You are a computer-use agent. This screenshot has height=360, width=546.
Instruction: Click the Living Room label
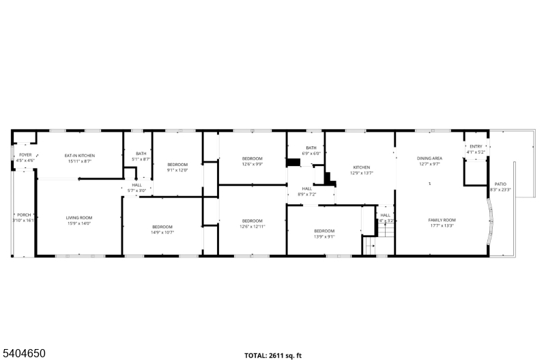pos(79,220)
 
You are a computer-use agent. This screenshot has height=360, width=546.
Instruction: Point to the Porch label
pos(23,218)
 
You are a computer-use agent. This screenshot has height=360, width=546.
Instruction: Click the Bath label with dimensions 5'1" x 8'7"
pos(141,156)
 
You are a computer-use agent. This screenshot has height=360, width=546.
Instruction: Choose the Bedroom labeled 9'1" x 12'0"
pos(177,167)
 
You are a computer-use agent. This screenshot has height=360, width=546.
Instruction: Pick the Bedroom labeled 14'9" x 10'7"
pos(162,230)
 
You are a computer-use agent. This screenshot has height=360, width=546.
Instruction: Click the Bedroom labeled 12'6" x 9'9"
pos(252,161)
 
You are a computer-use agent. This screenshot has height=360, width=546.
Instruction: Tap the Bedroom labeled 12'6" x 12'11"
pos(252,223)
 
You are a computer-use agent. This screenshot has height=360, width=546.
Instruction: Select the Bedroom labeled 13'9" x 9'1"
pos(324,234)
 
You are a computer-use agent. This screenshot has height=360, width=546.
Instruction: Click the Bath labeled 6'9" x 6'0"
pos(311,150)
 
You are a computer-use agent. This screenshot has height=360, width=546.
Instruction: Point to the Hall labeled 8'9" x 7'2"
pos(307,191)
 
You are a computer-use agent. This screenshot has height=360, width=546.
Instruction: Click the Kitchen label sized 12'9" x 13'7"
pos(361,170)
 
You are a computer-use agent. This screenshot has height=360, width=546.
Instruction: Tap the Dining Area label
pos(430,161)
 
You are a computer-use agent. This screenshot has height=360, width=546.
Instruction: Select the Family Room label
pos(442,223)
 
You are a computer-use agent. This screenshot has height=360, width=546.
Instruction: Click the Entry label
pos(476,149)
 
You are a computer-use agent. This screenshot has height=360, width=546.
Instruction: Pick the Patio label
pos(500,186)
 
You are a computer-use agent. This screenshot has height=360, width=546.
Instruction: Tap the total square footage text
pos(273,355)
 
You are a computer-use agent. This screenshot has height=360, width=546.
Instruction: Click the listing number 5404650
pos(24,353)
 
